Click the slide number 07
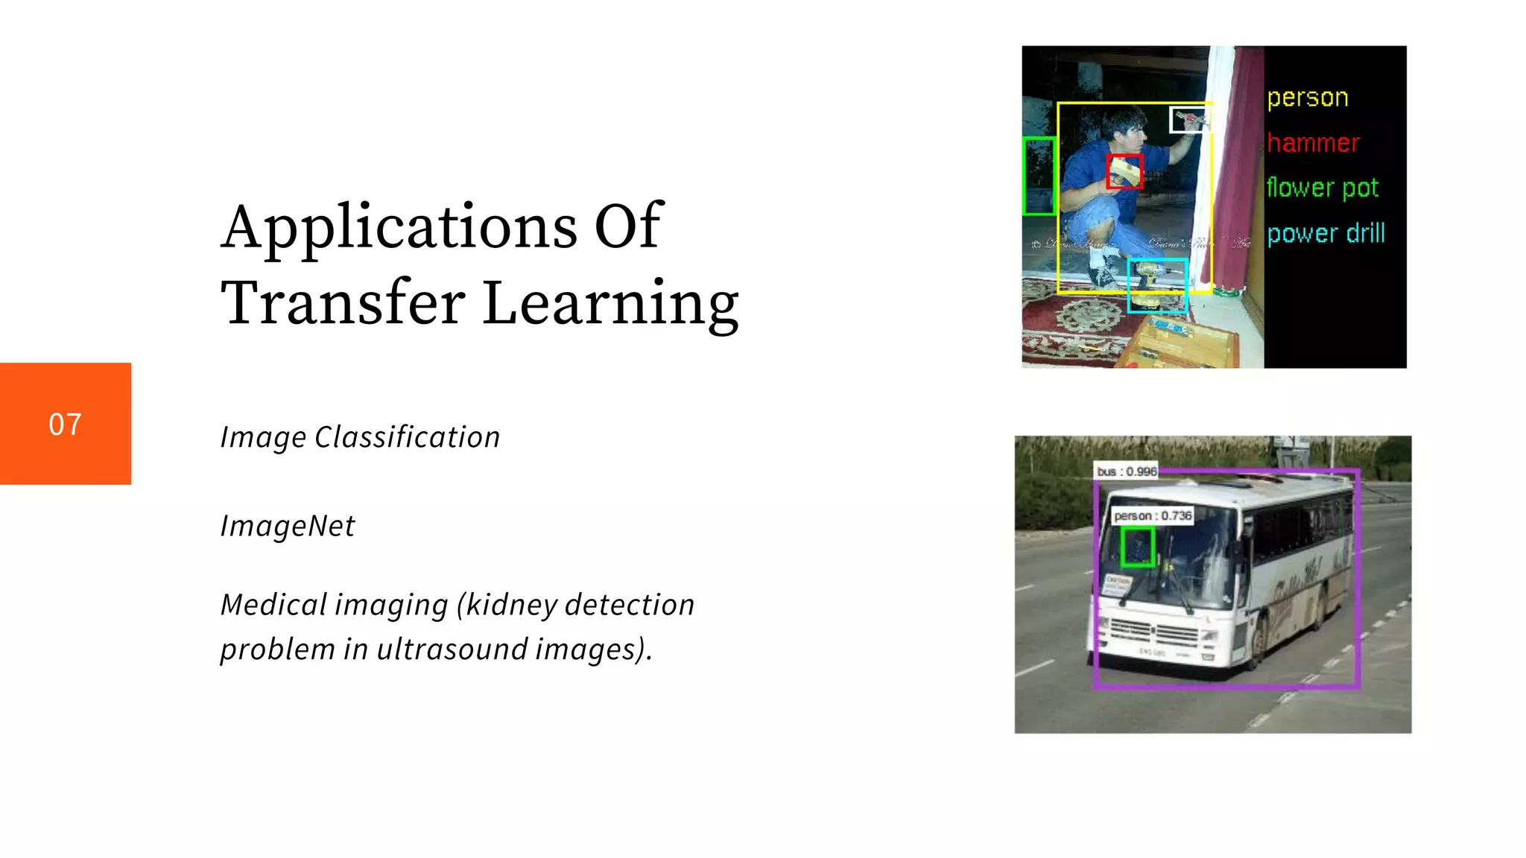[65, 425]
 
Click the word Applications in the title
[399, 227]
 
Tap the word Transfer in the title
[343, 303]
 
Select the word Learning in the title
[610, 303]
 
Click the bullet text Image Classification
[360, 437]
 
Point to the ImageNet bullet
[288, 527]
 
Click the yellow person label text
[1308, 98]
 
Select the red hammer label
[1313, 142]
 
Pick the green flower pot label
[1322, 188]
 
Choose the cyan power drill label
[1326, 234]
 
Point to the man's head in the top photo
[1124, 127]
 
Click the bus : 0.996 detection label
[1126, 471]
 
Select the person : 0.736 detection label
[1153, 515]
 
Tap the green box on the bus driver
[1137, 547]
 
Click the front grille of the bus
[1154, 635]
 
